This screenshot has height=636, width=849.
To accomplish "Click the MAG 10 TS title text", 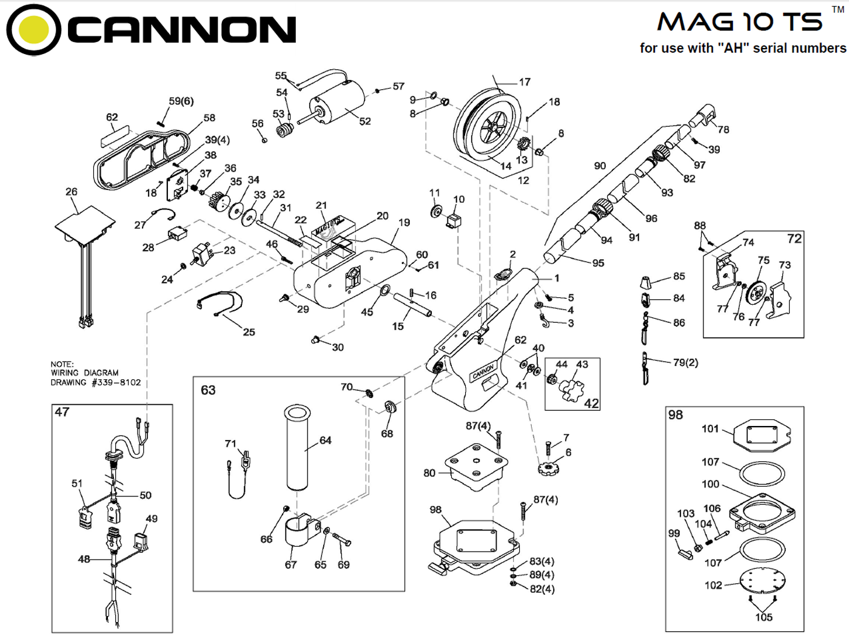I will pos(740,22).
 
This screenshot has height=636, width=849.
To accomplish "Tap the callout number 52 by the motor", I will pos(364,121).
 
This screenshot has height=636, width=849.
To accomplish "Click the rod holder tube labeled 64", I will pos(298,448).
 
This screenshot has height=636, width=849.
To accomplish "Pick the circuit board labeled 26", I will pos(85,222).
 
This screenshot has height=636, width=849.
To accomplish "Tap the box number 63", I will pos(208,390).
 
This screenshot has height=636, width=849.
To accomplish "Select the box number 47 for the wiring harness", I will pos(62,412).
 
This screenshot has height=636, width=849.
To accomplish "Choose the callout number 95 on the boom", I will pos(598,263).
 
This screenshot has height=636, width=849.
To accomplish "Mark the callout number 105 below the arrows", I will pos(763,617).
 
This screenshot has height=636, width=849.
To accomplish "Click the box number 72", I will pos(794,238).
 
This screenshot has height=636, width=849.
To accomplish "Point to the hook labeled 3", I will pos(545,320).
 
